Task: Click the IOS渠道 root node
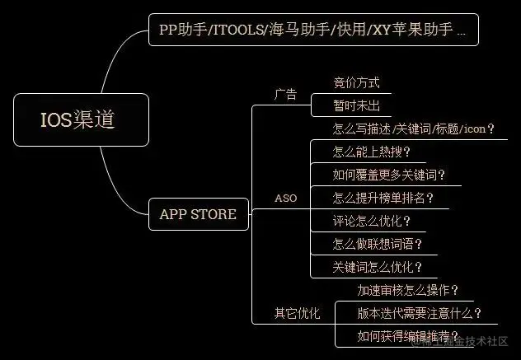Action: (82, 119)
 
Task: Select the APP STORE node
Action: (198, 214)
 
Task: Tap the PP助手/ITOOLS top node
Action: (312, 30)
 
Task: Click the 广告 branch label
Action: (285, 94)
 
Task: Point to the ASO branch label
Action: (285, 199)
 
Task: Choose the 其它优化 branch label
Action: (296, 313)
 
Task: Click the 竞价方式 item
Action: (356, 82)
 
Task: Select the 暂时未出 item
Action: (356, 105)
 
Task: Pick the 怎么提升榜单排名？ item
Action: (383, 198)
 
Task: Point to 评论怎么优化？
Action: (372, 221)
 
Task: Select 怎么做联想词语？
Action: (378, 244)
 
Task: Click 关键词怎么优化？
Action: (378, 267)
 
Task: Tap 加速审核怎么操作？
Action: (407, 290)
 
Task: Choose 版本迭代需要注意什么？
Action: (419, 313)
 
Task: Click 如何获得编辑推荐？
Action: (407, 336)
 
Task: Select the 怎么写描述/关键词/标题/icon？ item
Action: (413, 129)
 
